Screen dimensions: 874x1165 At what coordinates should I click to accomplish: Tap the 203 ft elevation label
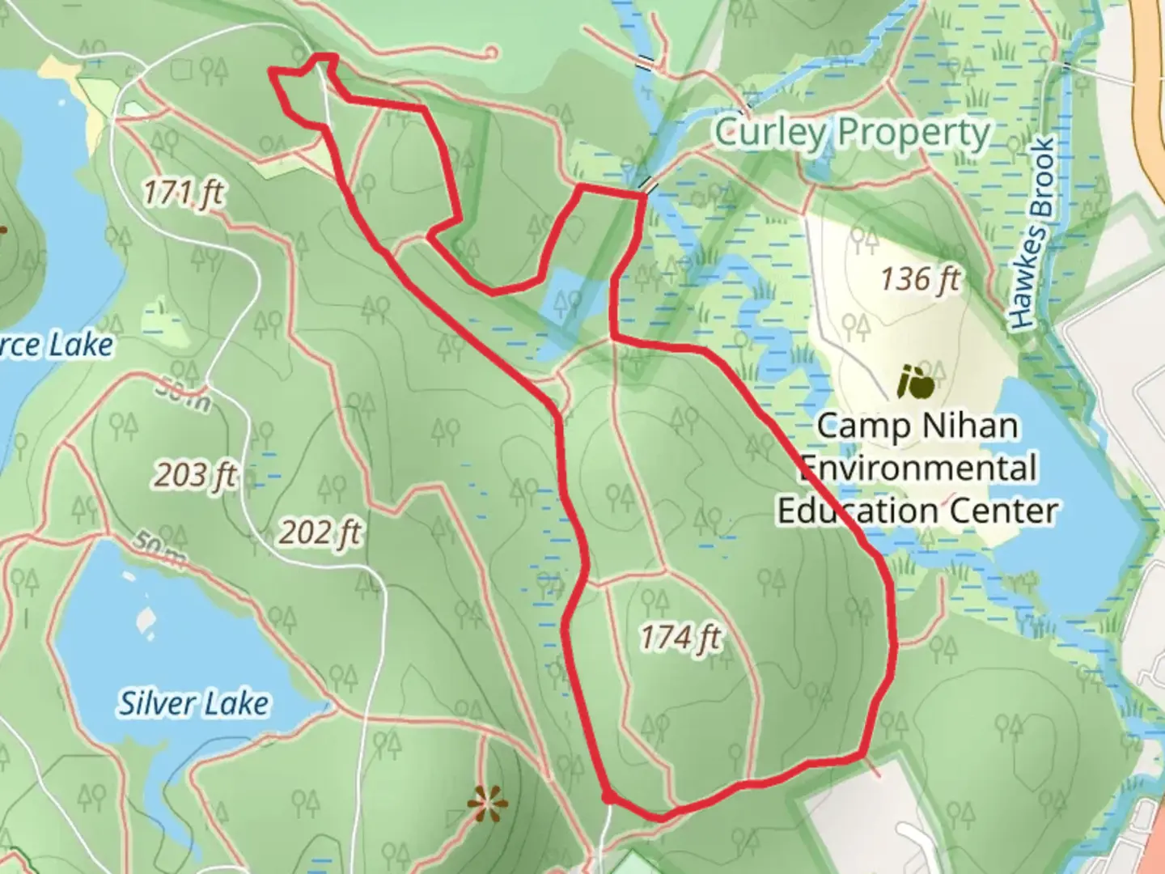196,475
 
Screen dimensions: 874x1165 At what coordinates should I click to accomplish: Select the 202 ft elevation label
320,532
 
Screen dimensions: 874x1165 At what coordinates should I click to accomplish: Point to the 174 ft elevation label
680,637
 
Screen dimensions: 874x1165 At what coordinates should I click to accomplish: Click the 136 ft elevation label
920,279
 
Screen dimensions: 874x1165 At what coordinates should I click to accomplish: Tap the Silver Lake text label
194,702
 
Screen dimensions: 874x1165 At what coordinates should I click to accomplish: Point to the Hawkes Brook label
1034,235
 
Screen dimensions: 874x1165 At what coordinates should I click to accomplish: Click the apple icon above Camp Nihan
915,382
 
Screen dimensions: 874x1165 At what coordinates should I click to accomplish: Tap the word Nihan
971,425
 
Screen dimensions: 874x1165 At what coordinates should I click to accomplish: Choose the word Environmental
918,468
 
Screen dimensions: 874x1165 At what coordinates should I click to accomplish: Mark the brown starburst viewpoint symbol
487,804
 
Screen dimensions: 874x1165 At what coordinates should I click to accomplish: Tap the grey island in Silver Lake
146,618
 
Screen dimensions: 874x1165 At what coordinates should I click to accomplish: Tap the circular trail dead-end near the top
489,53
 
